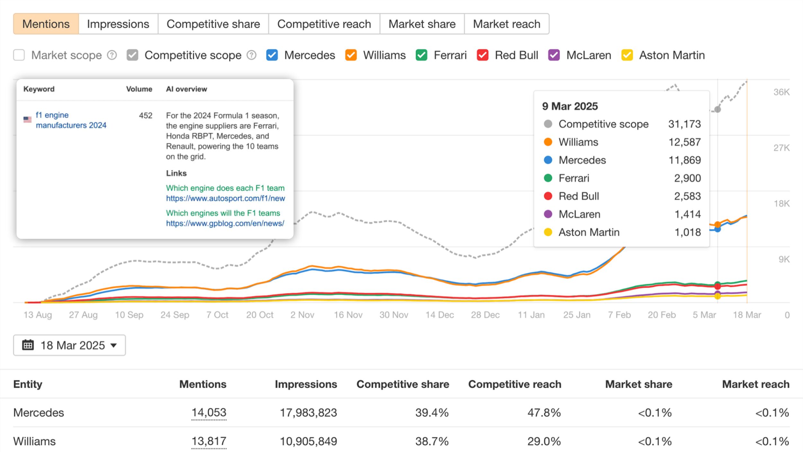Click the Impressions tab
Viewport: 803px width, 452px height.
(118, 24)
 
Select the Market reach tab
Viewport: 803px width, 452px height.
(506, 24)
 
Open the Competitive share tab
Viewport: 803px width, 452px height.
(213, 24)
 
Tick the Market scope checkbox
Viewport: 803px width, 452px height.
(19, 55)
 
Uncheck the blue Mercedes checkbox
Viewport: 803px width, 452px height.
(272, 55)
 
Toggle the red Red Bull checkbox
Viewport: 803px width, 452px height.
(482, 55)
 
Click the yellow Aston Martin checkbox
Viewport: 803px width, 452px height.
(627, 55)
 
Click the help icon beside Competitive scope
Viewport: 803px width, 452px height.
(251, 55)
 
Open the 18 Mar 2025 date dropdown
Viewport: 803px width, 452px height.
(69, 345)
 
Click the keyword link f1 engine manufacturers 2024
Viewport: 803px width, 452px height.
(71, 120)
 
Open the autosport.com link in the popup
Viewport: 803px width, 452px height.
(225, 198)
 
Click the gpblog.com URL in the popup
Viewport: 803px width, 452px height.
(225, 223)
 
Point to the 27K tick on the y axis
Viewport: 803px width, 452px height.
(781, 148)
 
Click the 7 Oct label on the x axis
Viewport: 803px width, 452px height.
(217, 315)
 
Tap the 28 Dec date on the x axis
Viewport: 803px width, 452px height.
(485, 315)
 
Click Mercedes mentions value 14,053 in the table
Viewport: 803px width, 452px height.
(209, 412)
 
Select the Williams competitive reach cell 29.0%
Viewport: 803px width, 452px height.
(544, 441)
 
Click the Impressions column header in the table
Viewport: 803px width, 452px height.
(306, 384)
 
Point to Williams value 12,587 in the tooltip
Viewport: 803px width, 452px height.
(684, 142)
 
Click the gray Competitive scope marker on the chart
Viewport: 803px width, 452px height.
(717, 109)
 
